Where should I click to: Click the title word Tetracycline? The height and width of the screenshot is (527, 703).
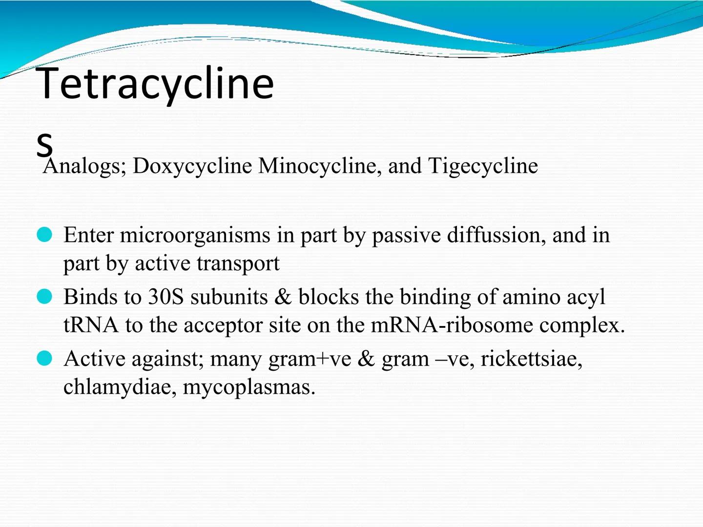click(x=155, y=84)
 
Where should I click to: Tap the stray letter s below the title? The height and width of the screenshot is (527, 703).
click(x=44, y=144)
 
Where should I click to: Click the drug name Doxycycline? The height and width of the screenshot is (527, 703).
click(x=192, y=166)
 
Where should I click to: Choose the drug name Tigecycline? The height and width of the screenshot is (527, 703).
click(x=483, y=166)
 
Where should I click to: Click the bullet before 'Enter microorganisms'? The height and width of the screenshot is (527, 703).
click(x=44, y=235)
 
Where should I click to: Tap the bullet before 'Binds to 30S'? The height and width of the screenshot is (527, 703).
click(x=44, y=297)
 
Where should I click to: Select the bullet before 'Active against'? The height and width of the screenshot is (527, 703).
click(x=44, y=359)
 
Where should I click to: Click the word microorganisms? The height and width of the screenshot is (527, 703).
click(x=195, y=236)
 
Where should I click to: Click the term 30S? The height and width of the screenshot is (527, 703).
click(x=166, y=297)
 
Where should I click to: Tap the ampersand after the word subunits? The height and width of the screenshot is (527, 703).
click(x=283, y=297)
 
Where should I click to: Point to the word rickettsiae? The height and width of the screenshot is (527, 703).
click(x=531, y=359)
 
